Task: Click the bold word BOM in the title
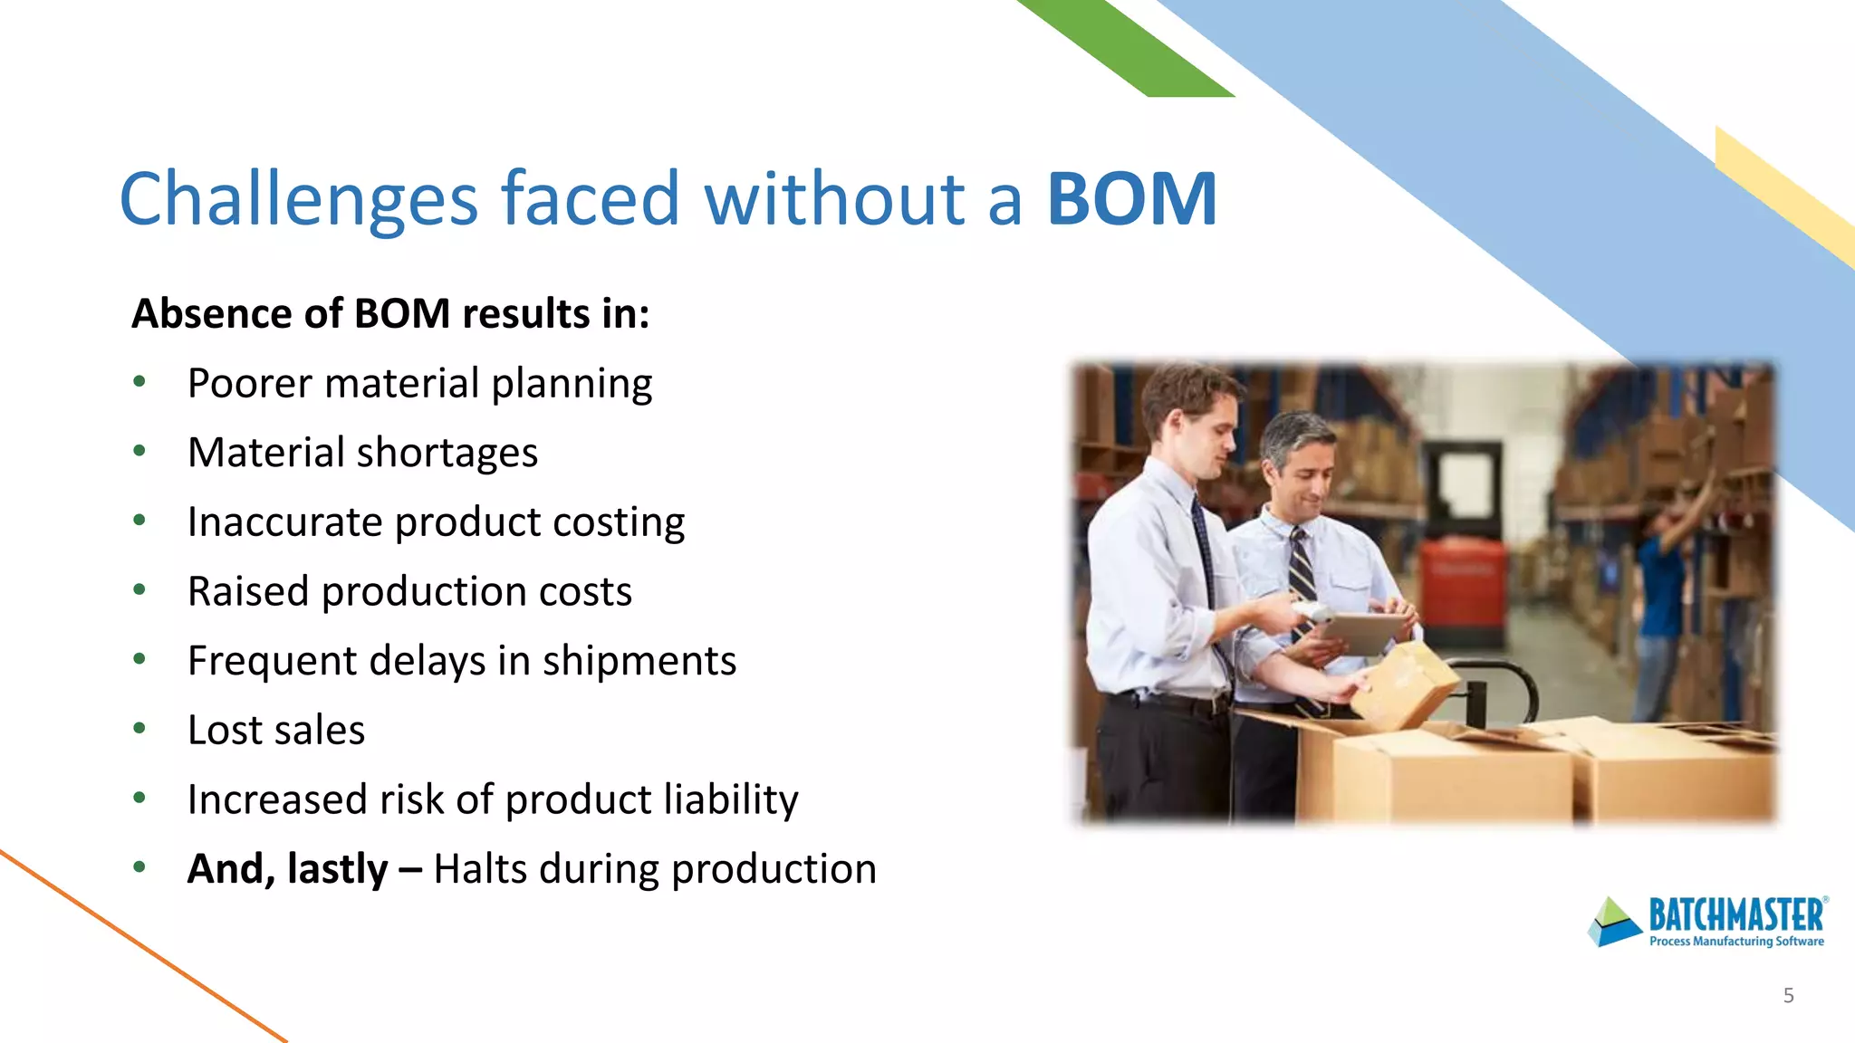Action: (1131, 199)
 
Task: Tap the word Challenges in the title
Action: (298, 201)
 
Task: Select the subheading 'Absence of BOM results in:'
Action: (390, 314)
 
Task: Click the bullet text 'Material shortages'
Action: (362, 453)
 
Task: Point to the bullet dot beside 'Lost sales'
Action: (139, 728)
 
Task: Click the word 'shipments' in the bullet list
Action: (639, 661)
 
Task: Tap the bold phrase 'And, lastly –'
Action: (303, 869)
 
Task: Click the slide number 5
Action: (1788, 996)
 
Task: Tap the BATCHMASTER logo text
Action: (1735, 915)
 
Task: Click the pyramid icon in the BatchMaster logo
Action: (1614, 923)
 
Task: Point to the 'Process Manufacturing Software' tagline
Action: (1736, 942)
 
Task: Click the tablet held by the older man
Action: (1359, 631)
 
